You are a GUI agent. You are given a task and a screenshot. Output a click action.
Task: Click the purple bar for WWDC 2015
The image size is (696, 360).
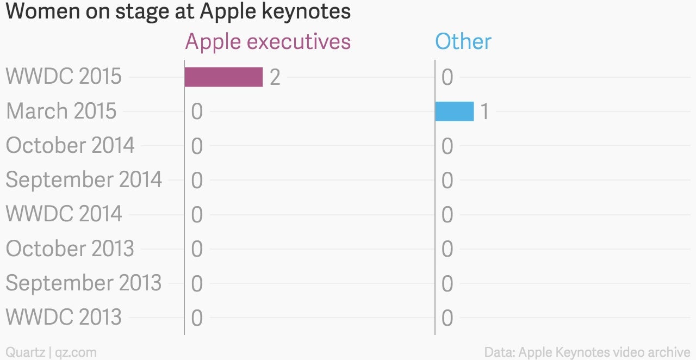pos(223,77)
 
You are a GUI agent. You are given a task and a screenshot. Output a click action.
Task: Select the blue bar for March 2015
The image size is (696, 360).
pos(455,111)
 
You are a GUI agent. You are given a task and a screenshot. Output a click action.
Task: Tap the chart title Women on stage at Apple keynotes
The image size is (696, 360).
pos(178,11)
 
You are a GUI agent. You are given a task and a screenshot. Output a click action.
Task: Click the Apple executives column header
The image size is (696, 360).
pos(268,42)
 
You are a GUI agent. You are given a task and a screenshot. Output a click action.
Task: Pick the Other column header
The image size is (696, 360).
pos(463,41)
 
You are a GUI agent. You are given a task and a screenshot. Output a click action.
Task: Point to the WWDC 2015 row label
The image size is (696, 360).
pos(64,76)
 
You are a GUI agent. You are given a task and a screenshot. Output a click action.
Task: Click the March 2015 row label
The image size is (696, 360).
pos(61,111)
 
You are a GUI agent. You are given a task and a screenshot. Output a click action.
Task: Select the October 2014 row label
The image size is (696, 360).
pos(70,145)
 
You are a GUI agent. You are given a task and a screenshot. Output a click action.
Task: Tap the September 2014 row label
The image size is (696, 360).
pos(84,179)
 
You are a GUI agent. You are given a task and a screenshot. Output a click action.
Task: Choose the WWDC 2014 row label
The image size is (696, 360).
pos(64,214)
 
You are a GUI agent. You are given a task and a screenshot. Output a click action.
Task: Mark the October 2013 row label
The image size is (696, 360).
pos(70,249)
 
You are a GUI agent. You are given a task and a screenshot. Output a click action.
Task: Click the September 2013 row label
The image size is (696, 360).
pos(84,283)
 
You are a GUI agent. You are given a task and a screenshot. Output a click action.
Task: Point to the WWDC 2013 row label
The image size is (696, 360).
pos(64,317)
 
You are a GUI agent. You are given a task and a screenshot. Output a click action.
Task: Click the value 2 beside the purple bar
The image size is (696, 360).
pos(275,77)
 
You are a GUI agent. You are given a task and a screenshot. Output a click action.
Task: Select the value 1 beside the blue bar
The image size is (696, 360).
pos(484,111)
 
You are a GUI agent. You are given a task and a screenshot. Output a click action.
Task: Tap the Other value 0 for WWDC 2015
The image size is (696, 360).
pos(448,77)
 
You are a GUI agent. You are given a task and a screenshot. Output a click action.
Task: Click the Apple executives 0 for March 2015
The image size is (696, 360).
pos(197,111)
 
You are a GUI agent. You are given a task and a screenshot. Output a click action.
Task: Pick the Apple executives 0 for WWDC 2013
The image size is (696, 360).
pos(197,318)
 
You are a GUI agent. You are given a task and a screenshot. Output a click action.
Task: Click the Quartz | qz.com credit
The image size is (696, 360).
pos(51,352)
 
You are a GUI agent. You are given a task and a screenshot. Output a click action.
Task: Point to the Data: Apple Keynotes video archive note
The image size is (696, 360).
pos(587,352)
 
